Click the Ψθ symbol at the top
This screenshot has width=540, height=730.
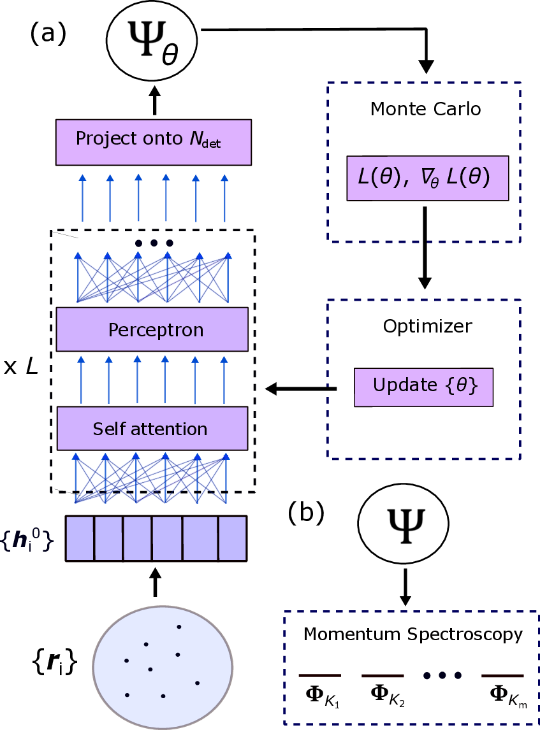point(147,36)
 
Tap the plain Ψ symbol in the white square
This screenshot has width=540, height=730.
point(406,524)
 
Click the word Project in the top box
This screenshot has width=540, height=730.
point(101,139)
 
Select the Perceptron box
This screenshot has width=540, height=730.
point(152,330)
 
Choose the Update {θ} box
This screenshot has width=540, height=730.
point(423,387)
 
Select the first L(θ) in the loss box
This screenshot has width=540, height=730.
point(381,178)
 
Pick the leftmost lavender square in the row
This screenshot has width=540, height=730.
point(80,538)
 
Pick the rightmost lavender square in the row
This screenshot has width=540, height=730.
point(232,538)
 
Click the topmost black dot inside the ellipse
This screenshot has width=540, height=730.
point(179,627)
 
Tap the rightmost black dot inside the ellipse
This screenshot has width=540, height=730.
point(197,683)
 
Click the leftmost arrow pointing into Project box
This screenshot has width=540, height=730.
point(82,197)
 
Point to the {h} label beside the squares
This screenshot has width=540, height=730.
point(26,541)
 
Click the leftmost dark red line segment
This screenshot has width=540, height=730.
point(319,675)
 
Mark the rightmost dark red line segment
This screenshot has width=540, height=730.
point(502,675)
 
